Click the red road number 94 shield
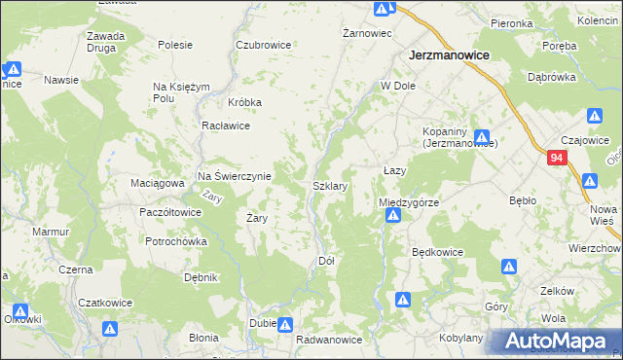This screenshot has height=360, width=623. coord(556,158)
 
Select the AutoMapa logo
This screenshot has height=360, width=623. coord(555,342)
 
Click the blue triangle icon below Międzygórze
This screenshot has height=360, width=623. coord(392,217)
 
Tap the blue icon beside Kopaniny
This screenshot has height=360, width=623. coord(482,138)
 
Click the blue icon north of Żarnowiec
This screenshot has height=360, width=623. coord(382,9)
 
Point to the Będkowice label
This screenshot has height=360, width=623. coord(437,252)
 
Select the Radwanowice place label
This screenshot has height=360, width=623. coord(329,340)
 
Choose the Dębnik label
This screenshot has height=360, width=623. coord(200,277)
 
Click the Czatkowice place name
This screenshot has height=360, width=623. coord(105,303)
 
